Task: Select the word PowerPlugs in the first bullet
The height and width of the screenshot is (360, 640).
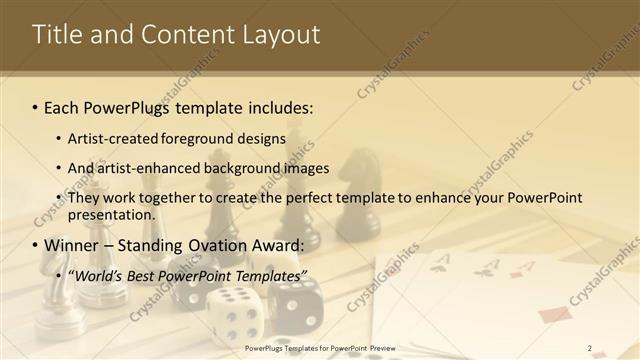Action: point(126,106)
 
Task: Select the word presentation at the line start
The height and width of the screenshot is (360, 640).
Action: point(110,214)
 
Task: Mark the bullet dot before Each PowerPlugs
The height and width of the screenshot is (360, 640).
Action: point(36,107)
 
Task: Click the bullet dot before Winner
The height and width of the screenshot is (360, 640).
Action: point(36,246)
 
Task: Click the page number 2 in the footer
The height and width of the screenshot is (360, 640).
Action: point(590,348)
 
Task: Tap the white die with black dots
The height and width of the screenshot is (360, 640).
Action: point(236,312)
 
